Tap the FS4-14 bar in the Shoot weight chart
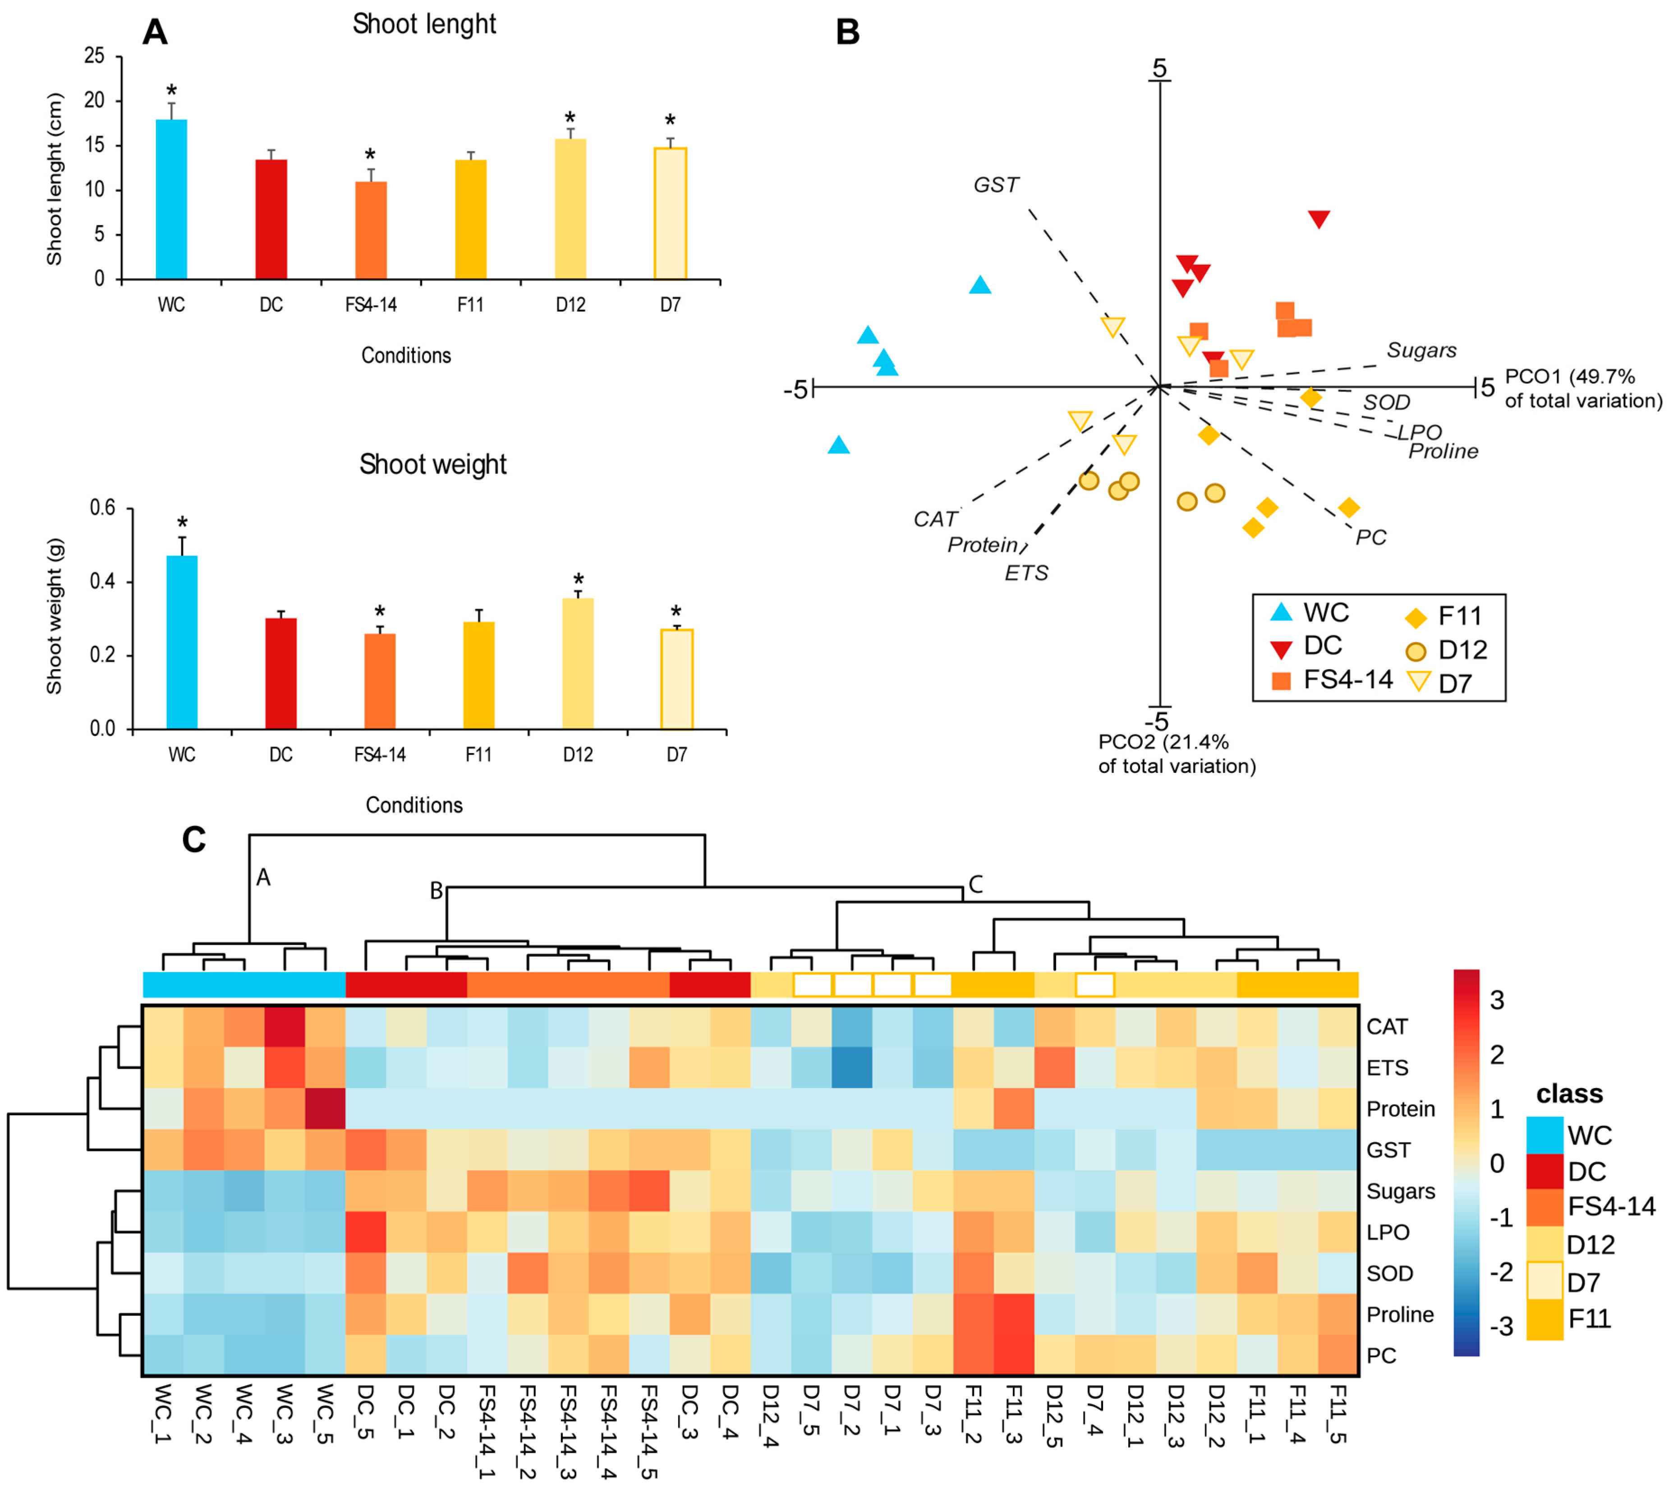tap(379, 681)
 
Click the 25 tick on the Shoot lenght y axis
tap(95, 56)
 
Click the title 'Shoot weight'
tap(432, 464)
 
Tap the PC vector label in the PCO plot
tap(1370, 537)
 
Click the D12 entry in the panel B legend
tap(1462, 650)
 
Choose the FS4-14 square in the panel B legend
tap(1281, 680)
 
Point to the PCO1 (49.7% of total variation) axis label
tap(1582, 389)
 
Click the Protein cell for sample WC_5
tap(325, 1108)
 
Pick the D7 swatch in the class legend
tap(1544, 1282)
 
